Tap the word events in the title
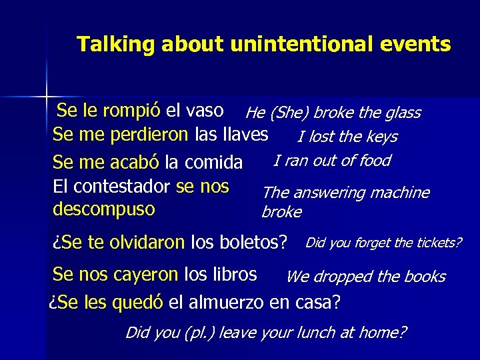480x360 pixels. click(422, 45)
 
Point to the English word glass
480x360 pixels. click(402, 113)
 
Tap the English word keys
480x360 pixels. click(381, 137)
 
